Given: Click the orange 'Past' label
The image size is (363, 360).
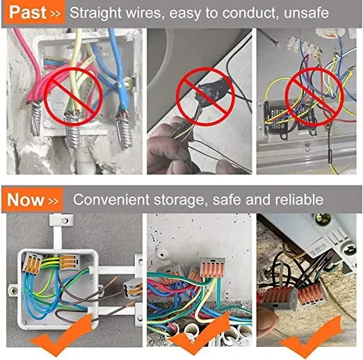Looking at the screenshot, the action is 33,13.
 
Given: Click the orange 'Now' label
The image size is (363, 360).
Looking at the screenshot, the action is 32,199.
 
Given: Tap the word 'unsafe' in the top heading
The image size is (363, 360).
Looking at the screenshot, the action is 306,13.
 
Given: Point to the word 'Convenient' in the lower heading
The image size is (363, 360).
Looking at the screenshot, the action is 111,199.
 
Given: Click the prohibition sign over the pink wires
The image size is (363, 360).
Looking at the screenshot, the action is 73,97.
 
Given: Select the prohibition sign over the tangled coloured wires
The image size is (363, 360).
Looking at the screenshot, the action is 314,97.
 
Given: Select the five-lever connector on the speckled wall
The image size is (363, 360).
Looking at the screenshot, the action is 212,267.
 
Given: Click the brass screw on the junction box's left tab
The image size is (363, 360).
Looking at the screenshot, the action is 13,291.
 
